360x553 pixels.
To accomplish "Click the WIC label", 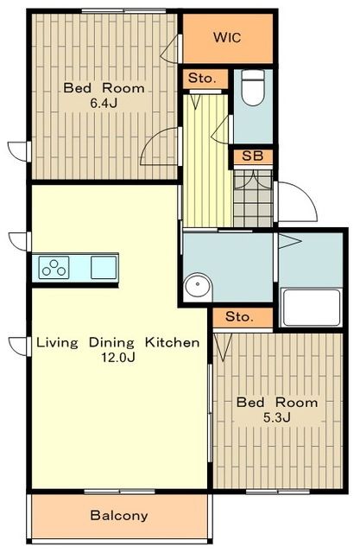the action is [x=227, y=37].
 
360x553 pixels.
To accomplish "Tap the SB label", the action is [x=253, y=156].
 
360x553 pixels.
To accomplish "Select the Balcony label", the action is [x=119, y=516].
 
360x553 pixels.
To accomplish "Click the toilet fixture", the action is [x=253, y=88].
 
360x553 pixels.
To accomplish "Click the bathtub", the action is [x=311, y=308].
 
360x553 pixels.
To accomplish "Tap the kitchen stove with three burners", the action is [x=54, y=268].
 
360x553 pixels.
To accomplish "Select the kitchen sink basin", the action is [x=104, y=267].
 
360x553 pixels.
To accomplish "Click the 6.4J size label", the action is [x=104, y=103].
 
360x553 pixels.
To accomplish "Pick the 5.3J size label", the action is [x=277, y=417].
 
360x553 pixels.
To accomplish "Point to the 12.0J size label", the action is [x=118, y=358].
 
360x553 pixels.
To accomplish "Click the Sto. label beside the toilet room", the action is [x=202, y=78].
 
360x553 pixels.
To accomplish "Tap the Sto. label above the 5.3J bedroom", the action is [x=239, y=316].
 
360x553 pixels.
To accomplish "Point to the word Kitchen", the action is [x=173, y=342].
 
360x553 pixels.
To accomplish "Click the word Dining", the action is [x=111, y=343].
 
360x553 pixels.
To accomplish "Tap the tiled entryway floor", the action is [x=253, y=198].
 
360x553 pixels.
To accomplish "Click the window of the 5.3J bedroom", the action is [x=278, y=491].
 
